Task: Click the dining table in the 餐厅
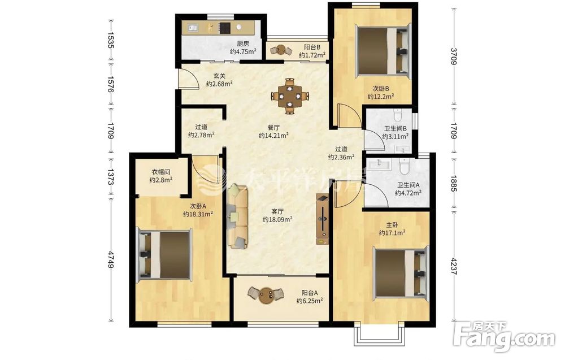pyautogui.click(x=290, y=96)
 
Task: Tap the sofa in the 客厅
pyautogui.click(x=238, y=216)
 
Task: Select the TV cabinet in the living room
pyautogui.click(x=323, y=219)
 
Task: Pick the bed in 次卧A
pyautogui.click(x=164, y=255)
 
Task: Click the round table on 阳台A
pyautogui.click(x=267, y=295)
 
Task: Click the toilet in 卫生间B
pyautogui.click(x=397, y=114)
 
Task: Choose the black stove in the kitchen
pyautogui.click(x=224, y=27)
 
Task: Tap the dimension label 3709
pyautogui.click(x=454, y=56)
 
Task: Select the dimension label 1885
pyautogui.click(x=454, y=183)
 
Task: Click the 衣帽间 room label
pyautogui.click(x=160, y=172)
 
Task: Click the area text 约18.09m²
pyautogui.click(x=277, y=219)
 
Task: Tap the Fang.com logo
pyautogui.click(x=505, y=337)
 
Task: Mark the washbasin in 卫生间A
pyautogui.click(x=379, y=164)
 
